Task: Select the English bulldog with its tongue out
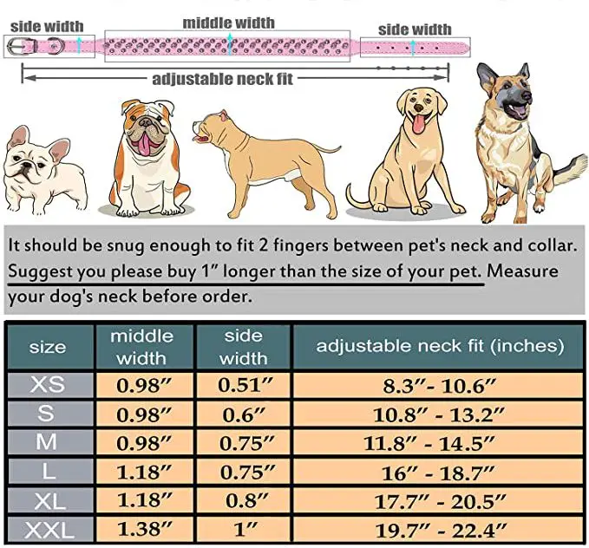[152, 156]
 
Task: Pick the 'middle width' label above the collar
[229, 23]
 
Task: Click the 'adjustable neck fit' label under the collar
[223, 79]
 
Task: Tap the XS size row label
[47, 384]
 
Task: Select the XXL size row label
[47, 529]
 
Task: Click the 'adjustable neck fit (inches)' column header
[439, 346]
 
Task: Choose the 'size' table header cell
[47, 347]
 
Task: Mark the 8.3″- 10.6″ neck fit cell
[439, 384]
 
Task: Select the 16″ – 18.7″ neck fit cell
[439, 472]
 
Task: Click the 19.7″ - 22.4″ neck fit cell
[439, 529]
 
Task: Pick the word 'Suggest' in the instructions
[43, 271]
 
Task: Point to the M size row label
[47, 442]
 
